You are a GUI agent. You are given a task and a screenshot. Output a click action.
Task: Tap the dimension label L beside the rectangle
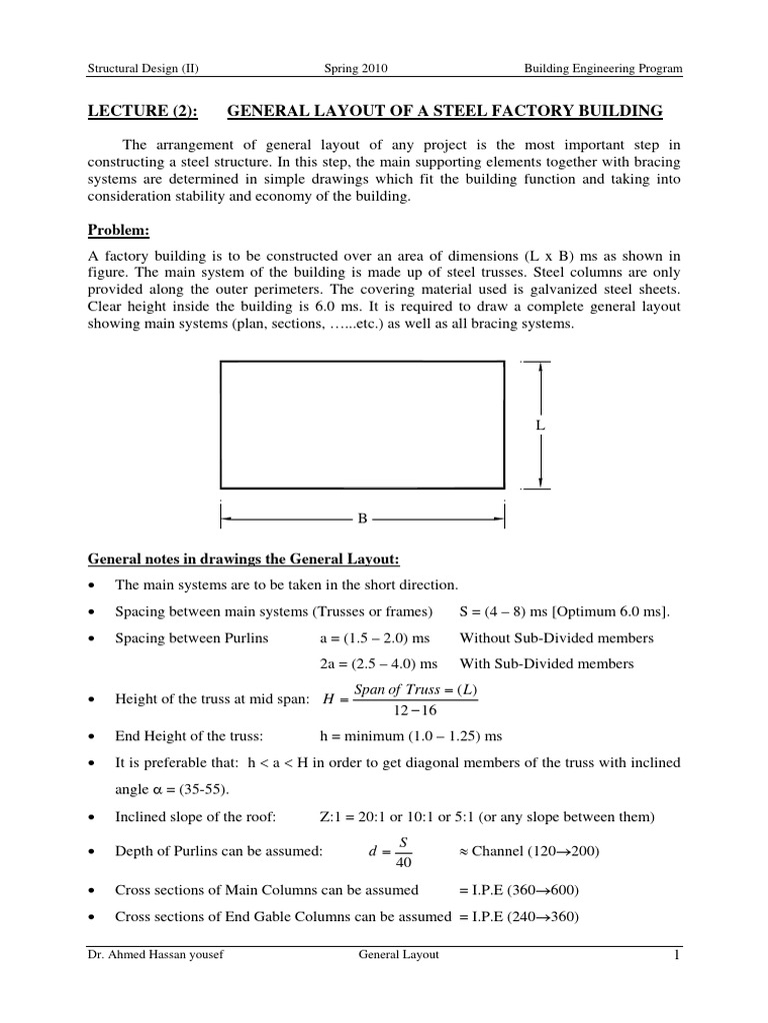coord(540,425)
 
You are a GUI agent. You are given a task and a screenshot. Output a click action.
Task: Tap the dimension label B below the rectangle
coord(362,518)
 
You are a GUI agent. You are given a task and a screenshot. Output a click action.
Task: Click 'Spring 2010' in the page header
coord(356,69)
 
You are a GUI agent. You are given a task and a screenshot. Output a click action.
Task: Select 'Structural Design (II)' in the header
coord(144,69)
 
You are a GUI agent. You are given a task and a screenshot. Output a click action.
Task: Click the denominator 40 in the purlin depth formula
coord(403,862)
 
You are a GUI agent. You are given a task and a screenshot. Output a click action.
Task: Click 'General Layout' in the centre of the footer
coord(399,956)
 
